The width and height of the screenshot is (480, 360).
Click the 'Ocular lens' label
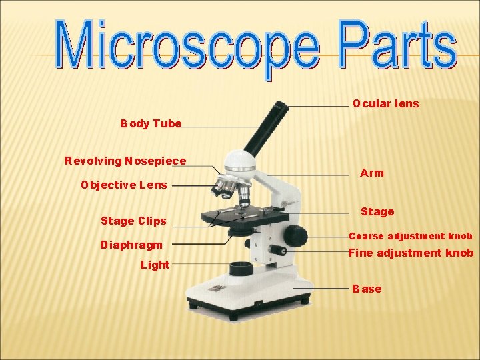coord(386,103)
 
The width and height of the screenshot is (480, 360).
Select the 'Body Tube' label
coord(151,124)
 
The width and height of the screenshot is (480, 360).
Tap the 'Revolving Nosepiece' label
coord(125,161)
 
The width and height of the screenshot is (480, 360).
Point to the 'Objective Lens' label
coord(124,185)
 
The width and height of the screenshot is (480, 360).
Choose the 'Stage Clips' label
coord(133,221)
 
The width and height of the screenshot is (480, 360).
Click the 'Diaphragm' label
coord(131,245)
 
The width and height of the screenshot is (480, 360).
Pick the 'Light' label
coord(155,265)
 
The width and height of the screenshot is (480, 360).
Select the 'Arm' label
coord(372,173)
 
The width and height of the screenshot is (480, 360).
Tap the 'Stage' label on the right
coord(377,211)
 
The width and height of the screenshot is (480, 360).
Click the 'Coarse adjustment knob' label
coord(411,236)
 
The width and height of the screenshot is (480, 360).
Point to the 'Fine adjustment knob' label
coord(411,253)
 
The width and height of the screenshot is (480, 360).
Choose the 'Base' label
coord(367,289)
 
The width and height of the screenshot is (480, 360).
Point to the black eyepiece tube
coord(265,127)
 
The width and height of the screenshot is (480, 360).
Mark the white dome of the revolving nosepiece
coord(240,161)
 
